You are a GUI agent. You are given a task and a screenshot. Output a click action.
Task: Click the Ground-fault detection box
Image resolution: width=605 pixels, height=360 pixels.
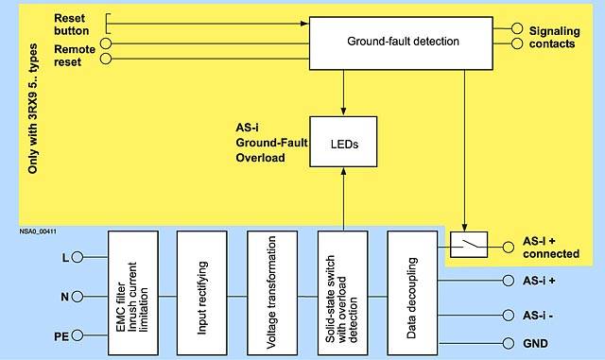(401, 43)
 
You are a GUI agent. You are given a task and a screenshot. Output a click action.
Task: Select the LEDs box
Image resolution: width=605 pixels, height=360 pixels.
(343, 142)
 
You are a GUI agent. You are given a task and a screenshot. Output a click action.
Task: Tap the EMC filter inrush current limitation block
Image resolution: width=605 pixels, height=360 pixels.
(133, 293)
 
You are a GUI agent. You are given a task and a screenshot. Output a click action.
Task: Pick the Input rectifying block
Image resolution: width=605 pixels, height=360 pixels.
(201, 293)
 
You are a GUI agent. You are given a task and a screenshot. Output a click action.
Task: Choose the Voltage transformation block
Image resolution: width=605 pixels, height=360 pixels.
(272, 293)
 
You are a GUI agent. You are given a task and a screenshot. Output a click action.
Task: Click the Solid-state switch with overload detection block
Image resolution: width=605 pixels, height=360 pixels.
(342, 293)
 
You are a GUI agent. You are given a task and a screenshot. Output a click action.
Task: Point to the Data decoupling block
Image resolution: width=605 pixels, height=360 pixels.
(412, 293)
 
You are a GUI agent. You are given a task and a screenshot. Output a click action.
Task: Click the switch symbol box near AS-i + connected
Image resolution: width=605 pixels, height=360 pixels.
(469, 245)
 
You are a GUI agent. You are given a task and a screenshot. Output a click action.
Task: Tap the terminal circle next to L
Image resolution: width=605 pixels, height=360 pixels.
(78, 257)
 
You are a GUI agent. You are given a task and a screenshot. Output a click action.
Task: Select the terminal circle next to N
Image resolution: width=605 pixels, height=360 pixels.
(78, 297)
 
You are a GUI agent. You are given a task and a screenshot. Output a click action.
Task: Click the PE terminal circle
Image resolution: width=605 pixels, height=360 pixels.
(78, 335)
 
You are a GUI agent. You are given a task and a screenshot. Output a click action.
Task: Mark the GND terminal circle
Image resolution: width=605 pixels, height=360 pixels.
(509, 343)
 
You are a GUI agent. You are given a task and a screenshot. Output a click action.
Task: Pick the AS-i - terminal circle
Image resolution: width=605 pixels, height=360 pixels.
(509, 316)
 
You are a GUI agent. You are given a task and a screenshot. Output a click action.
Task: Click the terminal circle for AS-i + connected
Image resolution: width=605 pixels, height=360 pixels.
(509, 247)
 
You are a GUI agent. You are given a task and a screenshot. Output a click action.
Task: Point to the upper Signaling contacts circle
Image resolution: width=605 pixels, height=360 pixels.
(517, 28)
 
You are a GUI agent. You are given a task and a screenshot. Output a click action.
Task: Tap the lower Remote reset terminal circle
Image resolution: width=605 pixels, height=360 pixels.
(106, 59)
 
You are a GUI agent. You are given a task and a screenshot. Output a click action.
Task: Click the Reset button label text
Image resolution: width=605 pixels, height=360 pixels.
(72, 25)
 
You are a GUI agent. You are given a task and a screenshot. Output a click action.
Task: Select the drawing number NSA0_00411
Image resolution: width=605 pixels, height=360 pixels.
(38, 231)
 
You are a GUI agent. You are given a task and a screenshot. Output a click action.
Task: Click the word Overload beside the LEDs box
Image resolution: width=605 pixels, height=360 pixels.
(261, 158)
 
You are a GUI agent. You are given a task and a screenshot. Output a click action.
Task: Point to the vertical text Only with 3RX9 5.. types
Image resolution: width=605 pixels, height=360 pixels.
(33, 109)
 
